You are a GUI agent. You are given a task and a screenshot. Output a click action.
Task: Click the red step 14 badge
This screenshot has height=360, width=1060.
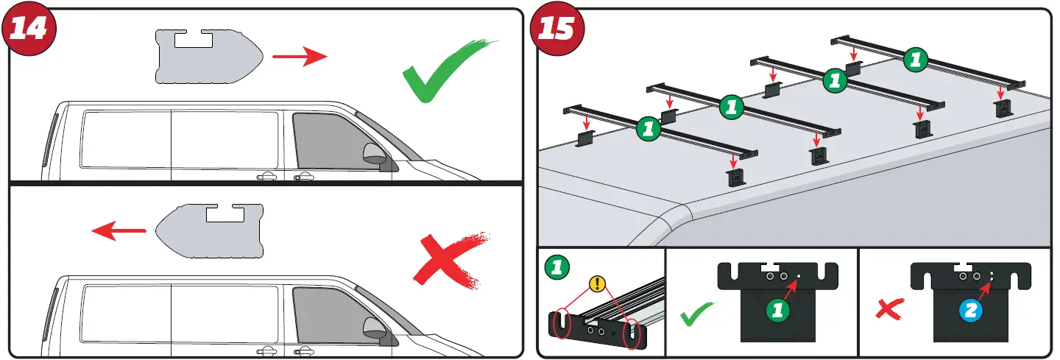[29, 29]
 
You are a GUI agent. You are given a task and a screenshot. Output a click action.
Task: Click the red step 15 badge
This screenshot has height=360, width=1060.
[557, 29]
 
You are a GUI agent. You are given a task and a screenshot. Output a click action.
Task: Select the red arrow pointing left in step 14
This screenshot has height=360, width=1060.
[119, 232]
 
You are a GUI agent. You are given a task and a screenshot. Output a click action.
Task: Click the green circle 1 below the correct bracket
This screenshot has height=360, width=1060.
[778, 311]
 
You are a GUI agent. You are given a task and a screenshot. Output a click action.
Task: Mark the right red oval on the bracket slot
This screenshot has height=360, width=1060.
[632, 336]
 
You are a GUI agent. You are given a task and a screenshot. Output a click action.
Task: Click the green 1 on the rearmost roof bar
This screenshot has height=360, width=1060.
[915, 60]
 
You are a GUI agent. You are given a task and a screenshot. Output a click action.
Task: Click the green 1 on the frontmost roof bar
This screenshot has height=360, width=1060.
[648, 128]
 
